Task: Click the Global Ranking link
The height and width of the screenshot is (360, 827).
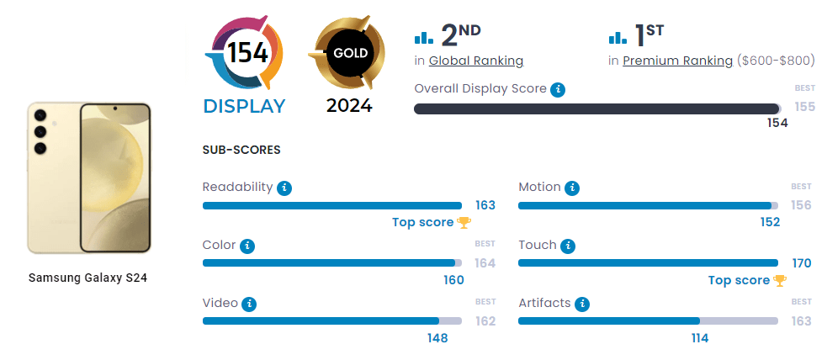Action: coord(475,61)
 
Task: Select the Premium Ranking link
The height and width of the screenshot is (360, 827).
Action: coord(677,61)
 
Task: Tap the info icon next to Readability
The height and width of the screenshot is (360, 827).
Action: coord(284,188)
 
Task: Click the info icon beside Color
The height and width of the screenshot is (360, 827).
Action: coord(247,246)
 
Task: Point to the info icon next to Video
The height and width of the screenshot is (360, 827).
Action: coord(249,304)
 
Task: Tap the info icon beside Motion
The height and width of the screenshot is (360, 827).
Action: coord(572,188)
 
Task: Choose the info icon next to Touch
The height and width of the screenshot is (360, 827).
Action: coord(568,246)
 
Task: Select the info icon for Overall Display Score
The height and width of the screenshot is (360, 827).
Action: coord(558,89)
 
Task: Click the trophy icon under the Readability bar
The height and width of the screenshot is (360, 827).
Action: coord(464,223)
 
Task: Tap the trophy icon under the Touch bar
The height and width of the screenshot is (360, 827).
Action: coord(780,281)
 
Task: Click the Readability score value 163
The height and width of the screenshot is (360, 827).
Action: coord(485,205)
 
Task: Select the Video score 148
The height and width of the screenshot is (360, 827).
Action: coord(437,338)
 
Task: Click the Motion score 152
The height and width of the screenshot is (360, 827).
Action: coord(770,222)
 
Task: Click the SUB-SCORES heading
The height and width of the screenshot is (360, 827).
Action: coord(241,150)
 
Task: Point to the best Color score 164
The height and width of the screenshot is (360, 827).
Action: coord(485,263)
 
